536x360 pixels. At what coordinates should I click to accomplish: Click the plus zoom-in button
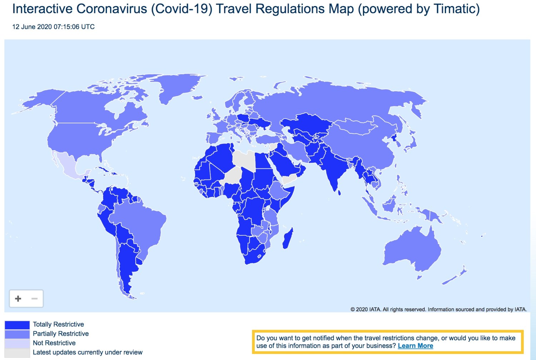coord(18,299)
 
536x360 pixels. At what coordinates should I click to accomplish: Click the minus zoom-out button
coord(35,299)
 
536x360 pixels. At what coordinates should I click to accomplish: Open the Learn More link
coord(415,346)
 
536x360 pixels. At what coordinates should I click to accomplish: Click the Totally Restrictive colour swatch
coord(17,325)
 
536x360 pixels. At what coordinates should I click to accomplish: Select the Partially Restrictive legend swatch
coord(17,334)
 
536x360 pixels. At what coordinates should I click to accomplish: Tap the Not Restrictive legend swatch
coord(17,343)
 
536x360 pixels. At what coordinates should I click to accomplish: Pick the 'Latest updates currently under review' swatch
coord(17,352)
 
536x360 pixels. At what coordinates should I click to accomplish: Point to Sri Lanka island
coord(339,193)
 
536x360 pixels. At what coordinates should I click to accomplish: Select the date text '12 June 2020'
coord(32,27)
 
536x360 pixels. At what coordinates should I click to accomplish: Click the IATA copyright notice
coord(438,309)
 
